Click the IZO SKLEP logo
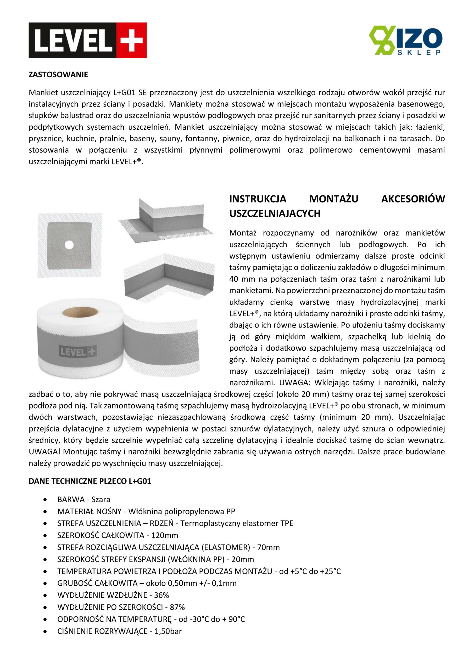(405, 40)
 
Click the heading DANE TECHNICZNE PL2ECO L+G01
(90, 481)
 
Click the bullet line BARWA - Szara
(84, 499)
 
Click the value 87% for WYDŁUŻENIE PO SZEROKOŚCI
(177, 607)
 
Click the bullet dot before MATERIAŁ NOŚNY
(45, 512)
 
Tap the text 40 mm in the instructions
(238, 279)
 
